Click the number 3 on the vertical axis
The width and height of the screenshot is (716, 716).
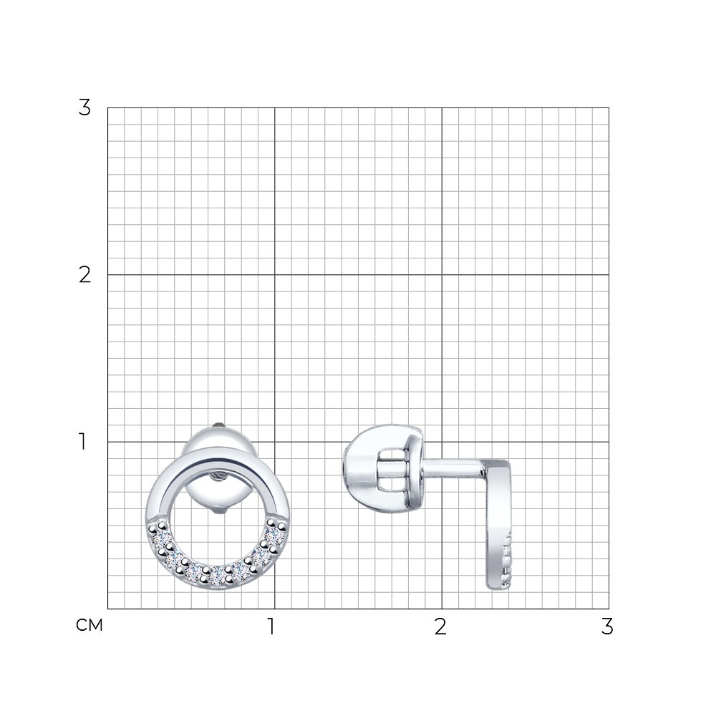84,108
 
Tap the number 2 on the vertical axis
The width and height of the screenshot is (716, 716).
85,275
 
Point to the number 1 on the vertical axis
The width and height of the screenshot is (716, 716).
82,442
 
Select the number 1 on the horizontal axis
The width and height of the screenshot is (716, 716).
271,626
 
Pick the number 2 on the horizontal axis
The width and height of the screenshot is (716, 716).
440,626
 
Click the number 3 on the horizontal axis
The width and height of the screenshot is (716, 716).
607,626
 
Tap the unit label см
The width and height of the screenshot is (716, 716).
89,625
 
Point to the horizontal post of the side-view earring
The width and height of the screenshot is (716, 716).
452,469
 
